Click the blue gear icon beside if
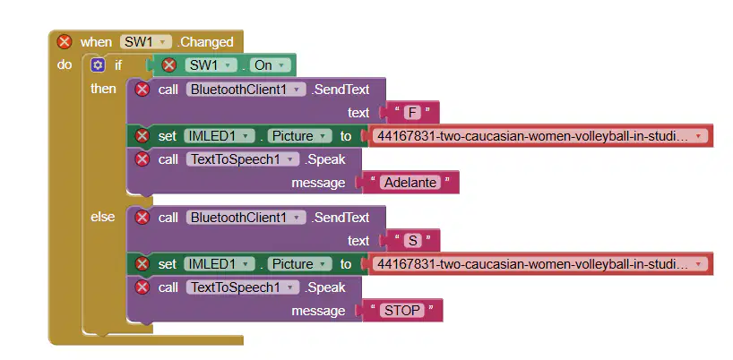click(98, 64)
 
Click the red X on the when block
click(64, 42)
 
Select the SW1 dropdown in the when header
click(146, 42)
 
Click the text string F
click(412, 113)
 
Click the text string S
click(412, 241)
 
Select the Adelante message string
click(410, 183)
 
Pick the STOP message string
click(401, 311)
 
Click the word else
click(102, 217)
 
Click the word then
click(103, 89)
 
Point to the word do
click(65, 64)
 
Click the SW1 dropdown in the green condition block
click(211, 65)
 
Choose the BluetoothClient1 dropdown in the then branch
click(246, 90)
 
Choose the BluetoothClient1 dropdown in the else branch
click(246, 217)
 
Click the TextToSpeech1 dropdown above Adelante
click(243, 159)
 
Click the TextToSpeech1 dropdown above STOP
click(243, 287)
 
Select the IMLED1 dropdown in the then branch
click(220, 136)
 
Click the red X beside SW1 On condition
click(168, 65)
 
